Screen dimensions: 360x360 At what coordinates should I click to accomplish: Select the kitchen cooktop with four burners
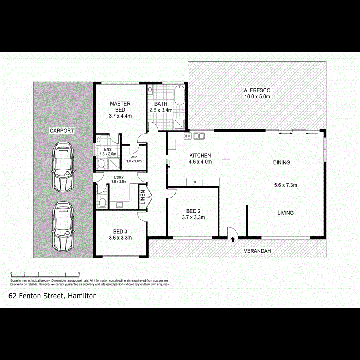pos(187,136)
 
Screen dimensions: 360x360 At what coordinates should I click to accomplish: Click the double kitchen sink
pos(199,136)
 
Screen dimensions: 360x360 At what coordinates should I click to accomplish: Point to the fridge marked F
pos(195,183)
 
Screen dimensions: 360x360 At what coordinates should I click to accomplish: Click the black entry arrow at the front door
pos(232,240)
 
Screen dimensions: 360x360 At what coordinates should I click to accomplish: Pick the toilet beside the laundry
pos(102,203)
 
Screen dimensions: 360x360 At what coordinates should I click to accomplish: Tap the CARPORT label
pos(62,131)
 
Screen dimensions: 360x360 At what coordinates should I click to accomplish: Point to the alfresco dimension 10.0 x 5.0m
pos(257,96)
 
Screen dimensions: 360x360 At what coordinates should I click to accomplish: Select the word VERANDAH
pos(258,251)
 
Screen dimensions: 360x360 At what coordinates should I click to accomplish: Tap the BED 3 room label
pos(120,232)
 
